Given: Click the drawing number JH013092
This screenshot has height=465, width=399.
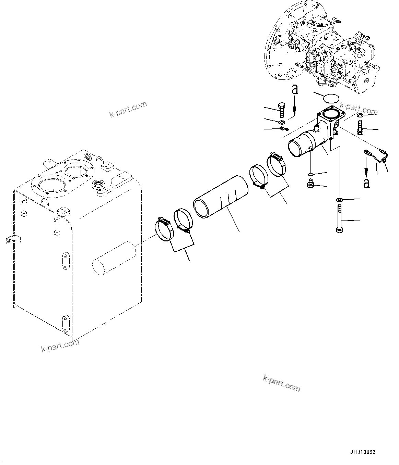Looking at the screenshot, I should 363,452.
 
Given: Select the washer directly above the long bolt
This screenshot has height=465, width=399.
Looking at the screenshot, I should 339,200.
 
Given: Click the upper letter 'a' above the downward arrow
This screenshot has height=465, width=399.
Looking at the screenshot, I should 294,90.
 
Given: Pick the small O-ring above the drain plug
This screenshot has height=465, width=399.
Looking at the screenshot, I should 310,174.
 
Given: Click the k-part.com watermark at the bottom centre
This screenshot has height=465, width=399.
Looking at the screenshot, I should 281,383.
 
